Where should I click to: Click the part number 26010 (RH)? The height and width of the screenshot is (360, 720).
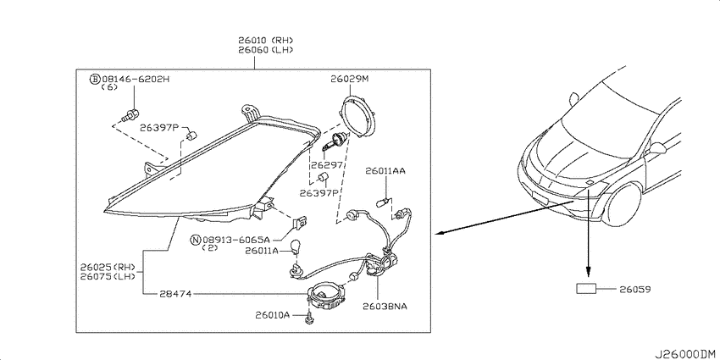point(265,41)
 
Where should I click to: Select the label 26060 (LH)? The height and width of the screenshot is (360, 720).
point(265,50)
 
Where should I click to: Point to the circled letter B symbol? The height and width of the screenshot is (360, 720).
point(95,80)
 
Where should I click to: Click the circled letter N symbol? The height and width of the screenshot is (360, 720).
point(196,240)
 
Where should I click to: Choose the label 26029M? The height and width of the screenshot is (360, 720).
point(350,79)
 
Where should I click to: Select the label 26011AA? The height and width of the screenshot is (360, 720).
point(385,171)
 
